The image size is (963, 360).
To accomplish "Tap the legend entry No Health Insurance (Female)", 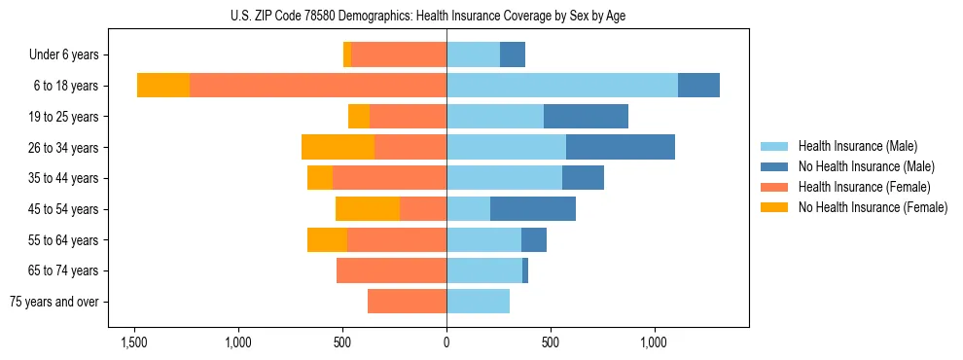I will point(873,207).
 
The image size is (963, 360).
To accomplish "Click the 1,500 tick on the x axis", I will point(133,342).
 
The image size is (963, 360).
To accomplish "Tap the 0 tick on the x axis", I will point(446,342).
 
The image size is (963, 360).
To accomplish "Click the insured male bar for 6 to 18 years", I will point(562,86).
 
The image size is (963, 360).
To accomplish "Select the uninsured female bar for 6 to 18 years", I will point(163,86).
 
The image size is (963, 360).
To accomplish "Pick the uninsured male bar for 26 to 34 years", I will point(621,147).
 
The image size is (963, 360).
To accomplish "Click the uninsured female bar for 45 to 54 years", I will point(368,209).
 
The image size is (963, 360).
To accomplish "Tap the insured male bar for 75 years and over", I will point(478,302).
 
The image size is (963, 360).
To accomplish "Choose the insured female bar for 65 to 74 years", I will point(391,270).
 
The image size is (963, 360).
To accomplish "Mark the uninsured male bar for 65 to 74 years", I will point(525,270).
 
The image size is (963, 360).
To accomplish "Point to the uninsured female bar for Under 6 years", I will point(347,55).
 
